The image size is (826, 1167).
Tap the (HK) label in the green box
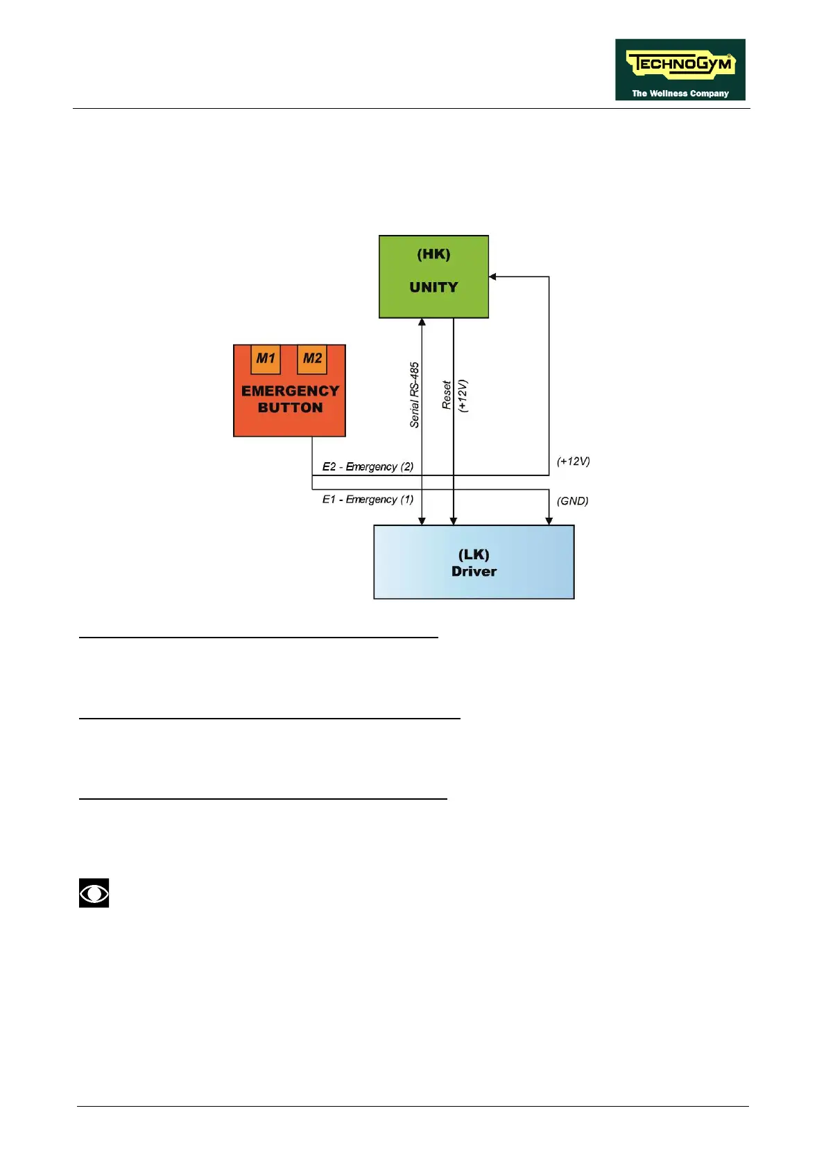point(433,254)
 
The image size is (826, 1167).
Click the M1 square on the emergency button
point(266,359)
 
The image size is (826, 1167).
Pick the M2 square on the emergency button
point(312,359)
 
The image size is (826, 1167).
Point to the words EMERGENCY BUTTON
point(290,400)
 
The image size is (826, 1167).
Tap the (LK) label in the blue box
point(474,554)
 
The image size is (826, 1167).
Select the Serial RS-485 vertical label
point(415,395)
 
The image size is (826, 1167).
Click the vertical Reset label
point(447,395)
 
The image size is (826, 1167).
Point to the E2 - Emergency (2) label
point(368,466)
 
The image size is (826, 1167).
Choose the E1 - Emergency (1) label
point(368,500)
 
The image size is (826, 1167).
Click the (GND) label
point(573,501)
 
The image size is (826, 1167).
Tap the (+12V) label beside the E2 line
point(574,462)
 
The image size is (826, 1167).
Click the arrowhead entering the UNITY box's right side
point(493,277)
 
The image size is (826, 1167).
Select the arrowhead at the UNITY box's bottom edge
point(422,322)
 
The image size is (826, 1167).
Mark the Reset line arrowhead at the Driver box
point(454,521)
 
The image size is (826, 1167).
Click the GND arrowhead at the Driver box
point(549,521)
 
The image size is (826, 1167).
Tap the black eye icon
point(94,893)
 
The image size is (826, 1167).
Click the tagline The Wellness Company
point(680,94)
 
